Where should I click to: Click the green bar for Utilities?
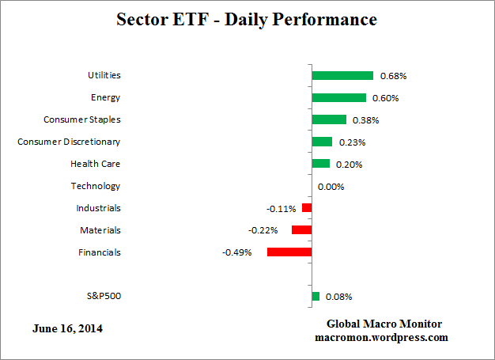pos(342,76)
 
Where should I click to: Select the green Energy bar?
pos(338,98)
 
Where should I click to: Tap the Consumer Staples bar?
pos(329,120)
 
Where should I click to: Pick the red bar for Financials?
pos(289,252)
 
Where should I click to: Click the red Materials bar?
pos(301,230)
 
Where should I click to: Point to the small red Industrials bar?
pos(307,208)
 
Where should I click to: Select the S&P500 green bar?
pos(316,297)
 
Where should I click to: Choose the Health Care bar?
pos(321,164)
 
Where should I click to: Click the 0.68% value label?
pos(393,77)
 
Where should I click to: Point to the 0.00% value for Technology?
pos(331,187)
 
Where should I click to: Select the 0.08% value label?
pos(338,297)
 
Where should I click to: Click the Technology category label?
pos(96,187)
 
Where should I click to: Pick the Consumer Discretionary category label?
pos(70,142)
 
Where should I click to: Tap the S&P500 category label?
pos(104,297)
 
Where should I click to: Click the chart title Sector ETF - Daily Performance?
pos(247,19)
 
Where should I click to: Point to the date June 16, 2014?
pos(68,328)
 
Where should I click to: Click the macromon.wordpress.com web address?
pos(381,337)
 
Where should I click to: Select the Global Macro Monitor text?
pos(384,324)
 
